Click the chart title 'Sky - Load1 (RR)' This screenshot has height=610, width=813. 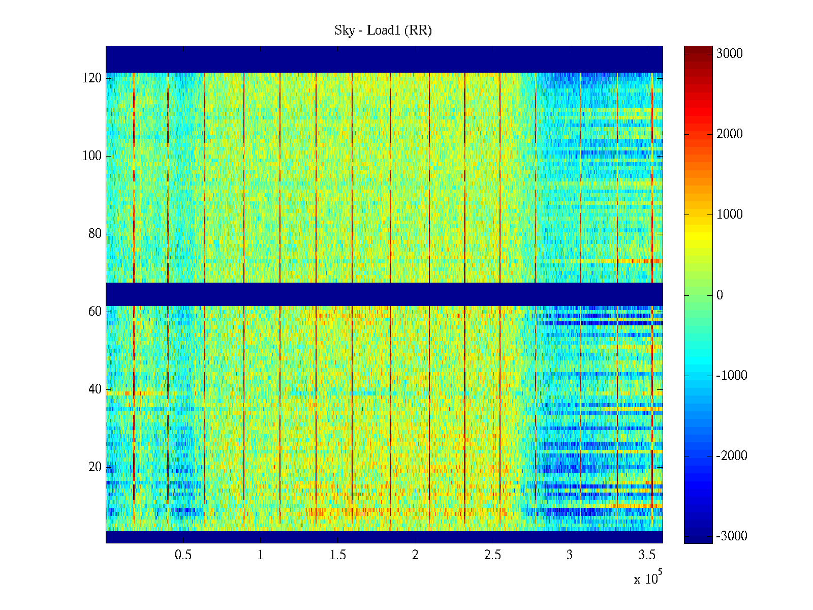(383, 30)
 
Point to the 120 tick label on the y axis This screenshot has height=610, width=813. (92, 78)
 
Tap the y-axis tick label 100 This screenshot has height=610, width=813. (92, 156)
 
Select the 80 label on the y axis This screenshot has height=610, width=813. (95, 234)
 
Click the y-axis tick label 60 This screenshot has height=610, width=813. (95, 312)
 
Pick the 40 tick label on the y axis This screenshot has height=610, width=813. (95, 389)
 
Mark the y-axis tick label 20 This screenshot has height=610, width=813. (95, 467)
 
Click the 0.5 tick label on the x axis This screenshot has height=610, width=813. (183, 555)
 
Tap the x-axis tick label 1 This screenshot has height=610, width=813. (261, 555)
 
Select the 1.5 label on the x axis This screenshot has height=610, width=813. (338, 555)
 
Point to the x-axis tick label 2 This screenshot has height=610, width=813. (415, 555)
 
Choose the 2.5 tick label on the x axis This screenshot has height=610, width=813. (492, 555)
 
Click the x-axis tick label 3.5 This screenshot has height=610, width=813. (647, 555)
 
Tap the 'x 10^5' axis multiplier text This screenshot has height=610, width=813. (647, 578)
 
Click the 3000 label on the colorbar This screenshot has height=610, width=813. (729, 54)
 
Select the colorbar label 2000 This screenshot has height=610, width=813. (729, 134)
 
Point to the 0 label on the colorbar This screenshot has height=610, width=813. (720, 295)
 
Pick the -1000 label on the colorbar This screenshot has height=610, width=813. (731, 376)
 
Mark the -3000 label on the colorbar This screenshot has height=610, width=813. (731, 536)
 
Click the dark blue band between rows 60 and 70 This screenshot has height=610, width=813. (384, 294)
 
